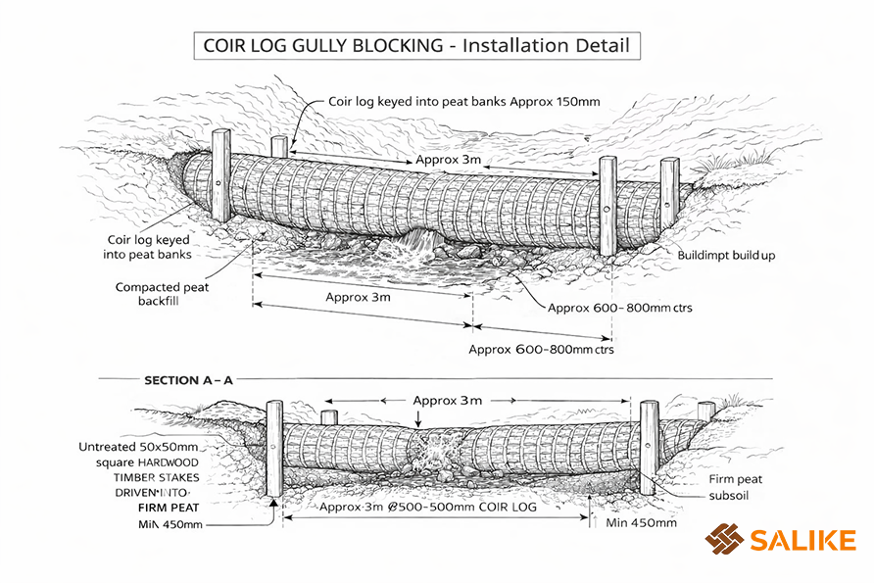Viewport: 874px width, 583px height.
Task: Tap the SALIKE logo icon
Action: coord(724,539)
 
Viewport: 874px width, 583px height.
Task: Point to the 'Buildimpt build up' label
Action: coord(726,255)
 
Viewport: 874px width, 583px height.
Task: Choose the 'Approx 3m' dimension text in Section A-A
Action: coord(448,400)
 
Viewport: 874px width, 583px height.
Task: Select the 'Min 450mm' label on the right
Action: coord(641,522)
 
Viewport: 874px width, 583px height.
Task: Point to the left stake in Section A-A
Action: coord(274,449)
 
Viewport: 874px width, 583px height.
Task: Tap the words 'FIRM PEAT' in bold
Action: coord(165,510)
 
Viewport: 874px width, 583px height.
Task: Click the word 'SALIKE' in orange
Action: coord(802,539)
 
